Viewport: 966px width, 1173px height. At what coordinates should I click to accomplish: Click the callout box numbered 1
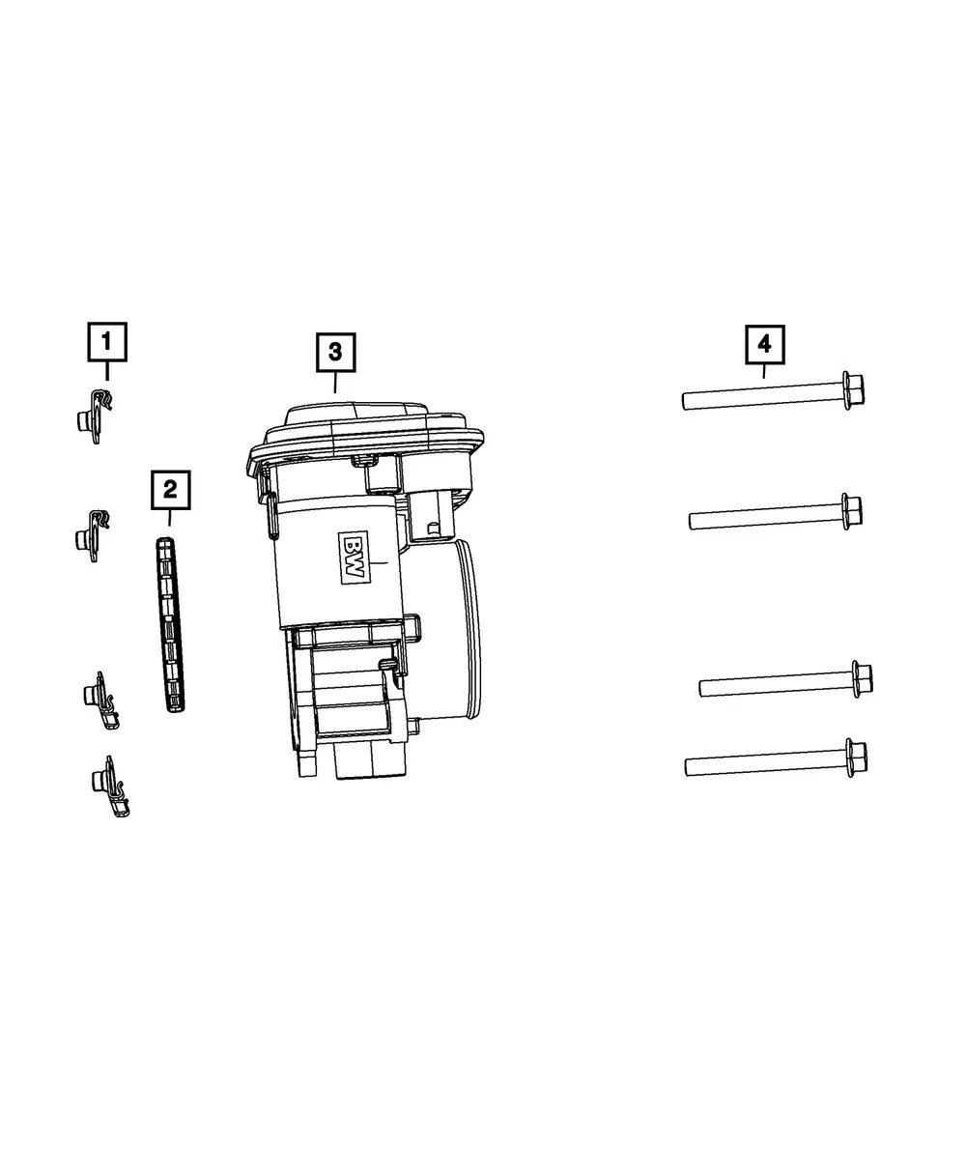tap(106, 342)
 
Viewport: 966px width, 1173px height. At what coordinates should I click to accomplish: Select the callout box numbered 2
tap(170, 490)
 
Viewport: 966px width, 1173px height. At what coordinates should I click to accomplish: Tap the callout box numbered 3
tap(335, 353)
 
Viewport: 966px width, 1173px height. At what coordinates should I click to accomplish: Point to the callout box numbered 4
tap(764, 344)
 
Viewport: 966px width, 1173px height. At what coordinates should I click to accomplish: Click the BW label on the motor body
tap(354, 558)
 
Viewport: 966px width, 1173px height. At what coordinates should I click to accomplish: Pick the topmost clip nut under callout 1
tap(95, 416)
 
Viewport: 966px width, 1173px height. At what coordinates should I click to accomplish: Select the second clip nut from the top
tap(93, 535)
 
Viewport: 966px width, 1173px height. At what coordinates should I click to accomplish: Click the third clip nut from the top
tap(101, 701)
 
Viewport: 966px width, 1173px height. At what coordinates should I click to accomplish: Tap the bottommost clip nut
tap(110, 786)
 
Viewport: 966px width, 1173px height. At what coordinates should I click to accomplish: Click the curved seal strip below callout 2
tap(170, 625)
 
